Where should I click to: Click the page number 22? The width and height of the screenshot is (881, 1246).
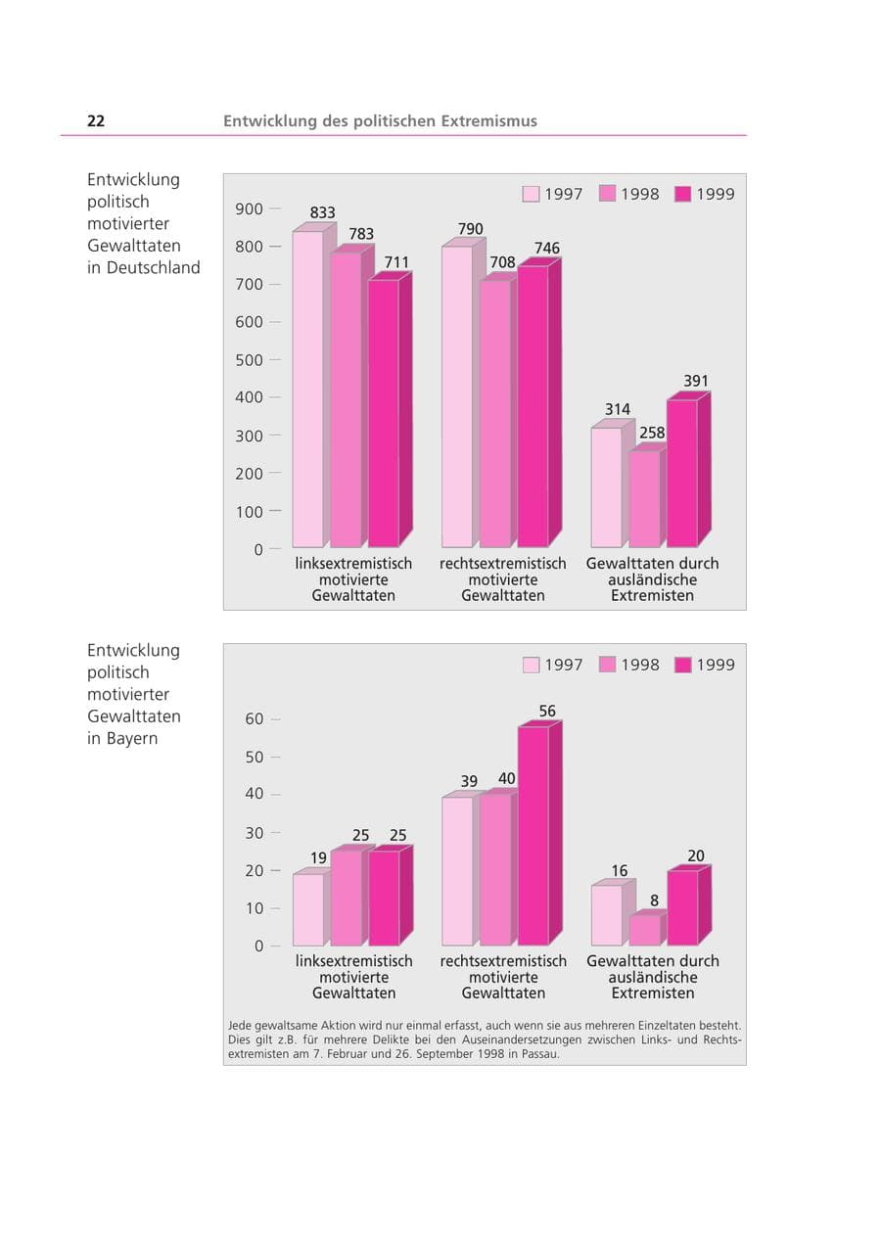pyautogui.click(x=96, y=120)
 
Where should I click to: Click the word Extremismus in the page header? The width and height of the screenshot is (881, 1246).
pyautogui.click(x=488, y=120)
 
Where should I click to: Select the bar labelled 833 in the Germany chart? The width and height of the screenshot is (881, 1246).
pyautogui.click(x=307, y=389)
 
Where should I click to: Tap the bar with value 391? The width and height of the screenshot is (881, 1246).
pyautogui.click(x=682, y=473)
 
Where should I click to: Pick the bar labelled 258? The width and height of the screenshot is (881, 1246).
pyautogui.click(x=644, y=498)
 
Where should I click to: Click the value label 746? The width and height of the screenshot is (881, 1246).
pyautogui.click(x=547, y=248)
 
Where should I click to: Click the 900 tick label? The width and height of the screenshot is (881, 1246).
pyautogui.click(x=249, y=209)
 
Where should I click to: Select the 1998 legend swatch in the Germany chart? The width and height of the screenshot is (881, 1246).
pyautogui.click(x=607, y=194)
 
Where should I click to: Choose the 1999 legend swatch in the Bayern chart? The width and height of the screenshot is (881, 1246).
pyautogui.click(x=682, y=665)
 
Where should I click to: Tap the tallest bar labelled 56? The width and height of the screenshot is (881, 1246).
pyautogui.click(x=533, y=836)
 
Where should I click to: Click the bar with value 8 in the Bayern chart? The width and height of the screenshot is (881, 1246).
pyautogui.click(x=645, y=930)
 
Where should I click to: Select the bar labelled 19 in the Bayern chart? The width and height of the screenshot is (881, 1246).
pyautogui.click(x=308, y=909)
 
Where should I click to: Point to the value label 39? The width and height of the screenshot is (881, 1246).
pyautogui.click(x=469, y=781)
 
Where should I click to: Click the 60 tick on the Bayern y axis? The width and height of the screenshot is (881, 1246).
pyautogui.click(x=255, y=719)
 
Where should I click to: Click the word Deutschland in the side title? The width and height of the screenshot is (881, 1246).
pyautogui.click(x=153, y=267)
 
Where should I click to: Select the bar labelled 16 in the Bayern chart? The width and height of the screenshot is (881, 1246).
pyautogui.click(x=606, y=915)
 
